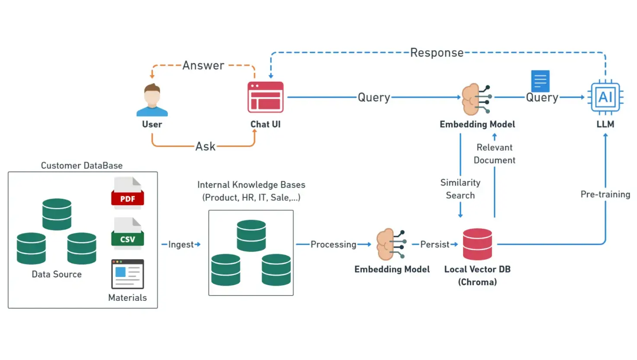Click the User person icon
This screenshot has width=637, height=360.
(152, 100)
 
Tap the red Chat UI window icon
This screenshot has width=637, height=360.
(265, 97)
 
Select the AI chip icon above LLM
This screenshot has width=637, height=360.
(605, 97)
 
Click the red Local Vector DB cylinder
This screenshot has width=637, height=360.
(477, 244)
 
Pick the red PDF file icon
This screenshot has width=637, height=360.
(127, 193)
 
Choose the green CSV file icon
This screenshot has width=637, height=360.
(127, 234)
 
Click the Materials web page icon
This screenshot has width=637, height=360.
(127, 274)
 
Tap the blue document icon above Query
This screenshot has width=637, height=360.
(540, 81)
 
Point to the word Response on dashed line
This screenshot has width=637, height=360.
(437, 53)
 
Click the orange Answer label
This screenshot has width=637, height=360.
(203, 65)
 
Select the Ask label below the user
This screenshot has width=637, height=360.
(205, 146)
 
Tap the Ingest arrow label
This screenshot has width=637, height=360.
(181, 244)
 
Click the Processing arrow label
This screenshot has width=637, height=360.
(333, 244)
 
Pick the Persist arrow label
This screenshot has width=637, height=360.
(434, 244)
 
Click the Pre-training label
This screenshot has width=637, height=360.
(605, 194)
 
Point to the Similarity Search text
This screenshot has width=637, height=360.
(460, 189)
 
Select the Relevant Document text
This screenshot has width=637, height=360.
(494, 154)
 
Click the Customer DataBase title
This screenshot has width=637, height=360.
(82, 165)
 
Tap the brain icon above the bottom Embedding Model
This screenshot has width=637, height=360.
(391, 244)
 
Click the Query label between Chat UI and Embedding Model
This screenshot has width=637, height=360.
(374, 97)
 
